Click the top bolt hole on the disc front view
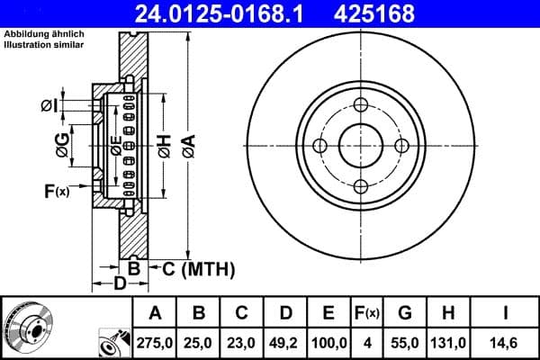[x=362, y=104]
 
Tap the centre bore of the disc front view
[x=362, y=146]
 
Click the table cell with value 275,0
[x=156, y=342]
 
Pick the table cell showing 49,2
[x=285, y=342]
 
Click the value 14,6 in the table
[x=507, y=342]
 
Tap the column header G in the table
[x=405, y=313]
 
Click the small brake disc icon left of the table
[x=30, y=327]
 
